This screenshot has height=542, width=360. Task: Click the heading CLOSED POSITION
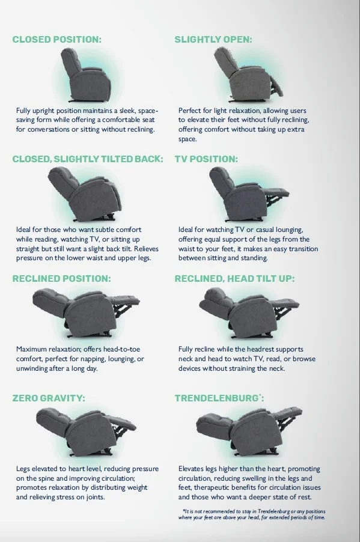click(x=57, y=40)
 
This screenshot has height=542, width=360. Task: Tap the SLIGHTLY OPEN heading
click(x=213, y=40)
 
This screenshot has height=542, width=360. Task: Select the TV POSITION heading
click(x=206, y=159)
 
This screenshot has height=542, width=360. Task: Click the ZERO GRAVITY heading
click(x=49, y=398)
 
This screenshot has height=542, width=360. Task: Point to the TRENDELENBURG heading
click(x=219, y=398)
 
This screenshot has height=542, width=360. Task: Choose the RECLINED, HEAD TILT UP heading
click(x=235, y=279)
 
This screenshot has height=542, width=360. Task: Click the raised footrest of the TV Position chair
click(x=277, y=192)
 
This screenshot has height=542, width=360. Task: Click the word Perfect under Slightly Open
click(x=190, y=111)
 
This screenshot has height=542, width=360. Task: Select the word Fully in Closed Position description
click(x=23, y=111)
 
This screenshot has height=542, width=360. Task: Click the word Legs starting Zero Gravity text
click(x=23, y=469)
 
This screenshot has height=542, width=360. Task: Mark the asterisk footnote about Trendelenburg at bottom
click(x=252, y=514)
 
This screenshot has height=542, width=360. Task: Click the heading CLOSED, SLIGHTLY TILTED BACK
click(x=88, y=159)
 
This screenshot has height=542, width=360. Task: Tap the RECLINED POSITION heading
click(x=62, y=279)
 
